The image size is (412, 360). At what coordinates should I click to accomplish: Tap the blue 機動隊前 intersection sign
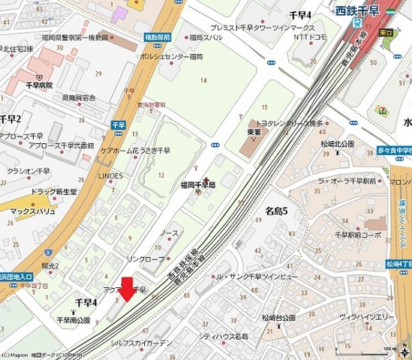158,35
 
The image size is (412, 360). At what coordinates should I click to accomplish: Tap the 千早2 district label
10,118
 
